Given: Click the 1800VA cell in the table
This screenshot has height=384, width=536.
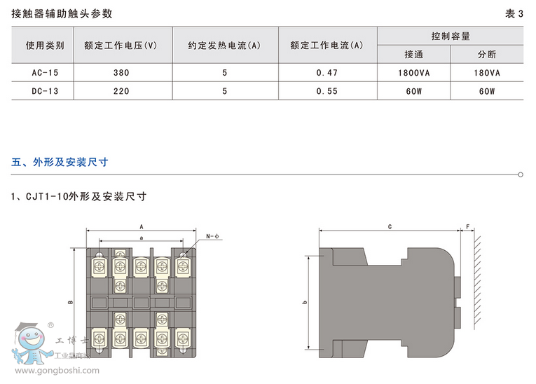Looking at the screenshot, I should click(413, 72).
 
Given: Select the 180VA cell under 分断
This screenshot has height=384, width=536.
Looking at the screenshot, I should click(486, 72).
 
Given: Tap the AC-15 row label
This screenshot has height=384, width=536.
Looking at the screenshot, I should click(45, 72).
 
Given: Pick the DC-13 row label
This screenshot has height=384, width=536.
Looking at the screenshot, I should click(45, 90).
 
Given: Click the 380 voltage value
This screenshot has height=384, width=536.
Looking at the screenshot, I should click(120, 72).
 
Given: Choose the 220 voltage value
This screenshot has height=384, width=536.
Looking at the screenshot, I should click(120, 90).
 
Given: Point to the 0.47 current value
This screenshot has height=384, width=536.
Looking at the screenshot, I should click(327, 72).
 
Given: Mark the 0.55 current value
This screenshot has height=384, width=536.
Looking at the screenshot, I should click(327, 90).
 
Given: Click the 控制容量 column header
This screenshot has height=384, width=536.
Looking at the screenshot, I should click(450, 36).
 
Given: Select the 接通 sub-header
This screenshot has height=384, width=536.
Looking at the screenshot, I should click(413, 54).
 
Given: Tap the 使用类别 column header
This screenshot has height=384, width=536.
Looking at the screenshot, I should click(45, 46).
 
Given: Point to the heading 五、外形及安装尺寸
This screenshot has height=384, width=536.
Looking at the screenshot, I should click(60, 162).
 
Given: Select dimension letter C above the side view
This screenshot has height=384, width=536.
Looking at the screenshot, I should click(389, 227).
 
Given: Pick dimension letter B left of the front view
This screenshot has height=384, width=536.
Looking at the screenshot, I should click(71, 302).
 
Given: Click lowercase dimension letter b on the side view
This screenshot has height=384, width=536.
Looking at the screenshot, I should click(305, 302).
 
